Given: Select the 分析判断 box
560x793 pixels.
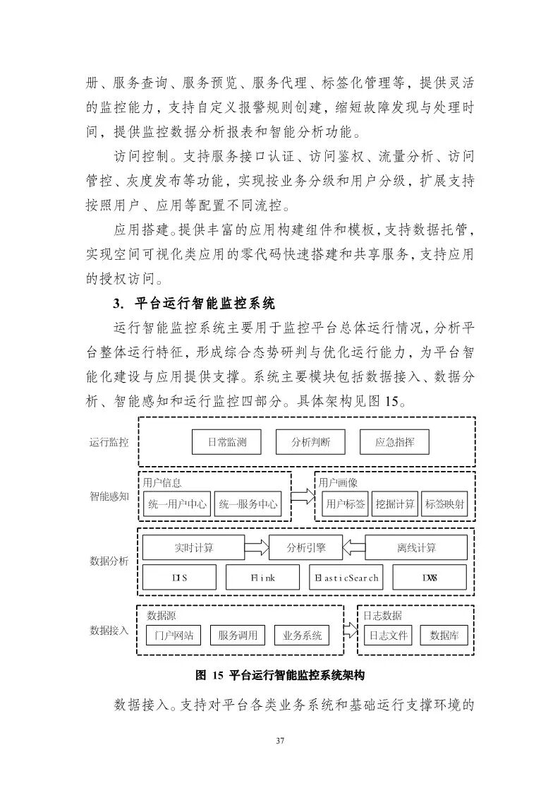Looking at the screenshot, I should (310, 443).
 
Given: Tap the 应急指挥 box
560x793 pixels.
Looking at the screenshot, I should (394, 443).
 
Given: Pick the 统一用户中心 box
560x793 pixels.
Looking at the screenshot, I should (176, 504).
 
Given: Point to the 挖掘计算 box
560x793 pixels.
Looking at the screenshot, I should (396, 504).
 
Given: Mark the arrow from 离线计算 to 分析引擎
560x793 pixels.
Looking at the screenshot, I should (354, 547).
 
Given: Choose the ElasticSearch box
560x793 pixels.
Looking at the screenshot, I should (346, 578).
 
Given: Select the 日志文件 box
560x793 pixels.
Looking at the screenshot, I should (389, 636).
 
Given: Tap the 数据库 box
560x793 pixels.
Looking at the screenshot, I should (444, 636).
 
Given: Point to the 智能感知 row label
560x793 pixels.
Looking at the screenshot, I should (109, 496).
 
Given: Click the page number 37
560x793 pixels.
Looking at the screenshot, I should (280, 741).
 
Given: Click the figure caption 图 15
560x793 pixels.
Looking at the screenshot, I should (279, 675).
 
